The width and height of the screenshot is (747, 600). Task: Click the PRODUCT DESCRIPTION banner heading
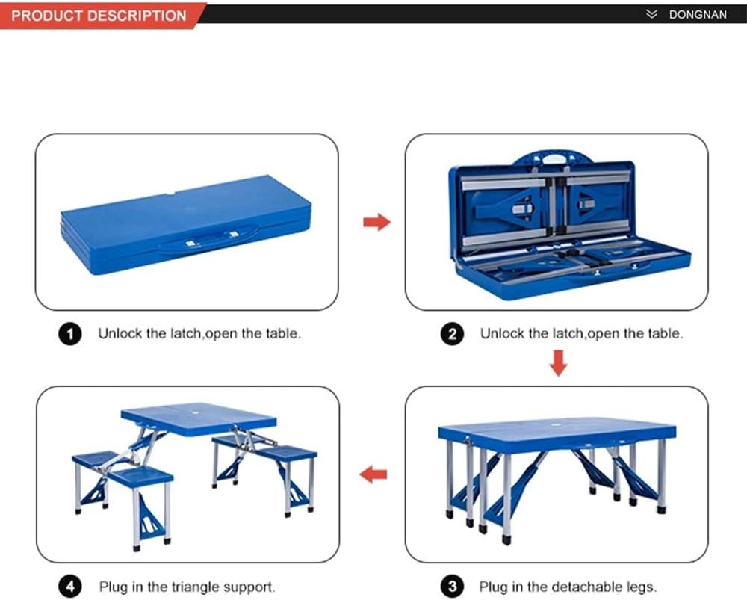99,16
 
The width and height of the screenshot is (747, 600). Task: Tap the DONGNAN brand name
698,15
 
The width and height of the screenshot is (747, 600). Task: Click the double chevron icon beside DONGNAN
651,14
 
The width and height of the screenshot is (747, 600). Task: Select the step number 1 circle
70,333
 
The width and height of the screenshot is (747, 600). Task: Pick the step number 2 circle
452,333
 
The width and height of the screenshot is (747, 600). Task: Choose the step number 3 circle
452,587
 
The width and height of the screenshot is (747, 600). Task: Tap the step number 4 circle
70,587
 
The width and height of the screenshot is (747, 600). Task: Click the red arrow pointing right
376,222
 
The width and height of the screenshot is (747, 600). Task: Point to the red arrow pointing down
558,363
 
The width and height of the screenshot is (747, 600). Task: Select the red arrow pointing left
373,474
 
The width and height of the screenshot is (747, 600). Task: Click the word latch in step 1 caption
186,333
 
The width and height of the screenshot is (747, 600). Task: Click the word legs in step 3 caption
640,587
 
